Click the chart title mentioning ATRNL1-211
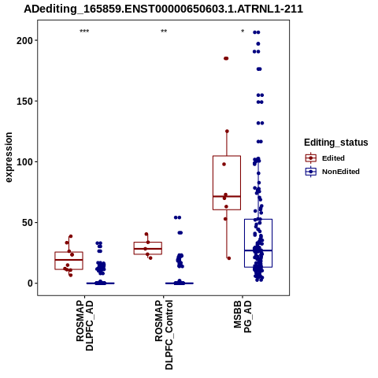[x=163, y=9]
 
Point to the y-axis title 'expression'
[x=9, y=157]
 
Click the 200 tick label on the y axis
[x=24, y=40]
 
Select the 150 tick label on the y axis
[x=24, y=101]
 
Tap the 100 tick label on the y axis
[x=24, y=161]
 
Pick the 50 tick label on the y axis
[x=27, y=223]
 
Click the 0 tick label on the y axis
[x=30, y=283]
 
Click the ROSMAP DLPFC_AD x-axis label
[x=85, y=325]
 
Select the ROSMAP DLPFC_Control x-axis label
[x=164, y=335]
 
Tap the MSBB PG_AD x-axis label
[x=243, y=317]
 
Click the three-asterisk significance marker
[x=84, y=31]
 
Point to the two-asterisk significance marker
[x=164, y=31]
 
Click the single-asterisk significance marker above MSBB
[x=243, y=31]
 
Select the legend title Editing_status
[x=335, y=143]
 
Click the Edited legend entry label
[x=333, y=158]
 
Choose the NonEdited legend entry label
[x=341, y=172]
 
